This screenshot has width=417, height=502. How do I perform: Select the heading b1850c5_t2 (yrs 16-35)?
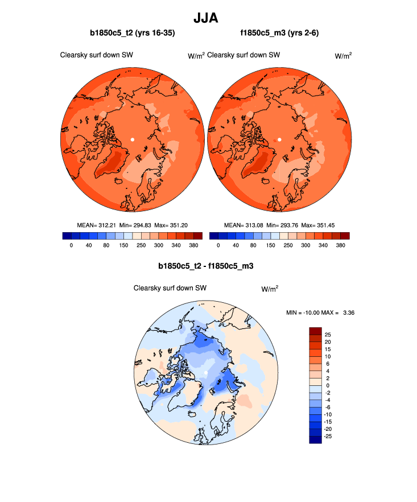click(x=133, y=34)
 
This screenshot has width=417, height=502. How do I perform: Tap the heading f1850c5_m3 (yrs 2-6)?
click(x=279, y=34)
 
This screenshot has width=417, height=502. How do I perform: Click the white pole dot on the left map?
click(x=132, y=139)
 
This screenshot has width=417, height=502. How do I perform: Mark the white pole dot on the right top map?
click(x=279, y=139)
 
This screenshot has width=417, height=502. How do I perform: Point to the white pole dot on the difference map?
click(x=205, y=373)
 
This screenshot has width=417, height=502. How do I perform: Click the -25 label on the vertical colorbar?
click(x=328, y=436)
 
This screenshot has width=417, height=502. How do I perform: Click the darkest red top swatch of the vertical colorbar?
click(x=315, y=331)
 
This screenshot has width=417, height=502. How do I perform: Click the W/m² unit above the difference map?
click(x=270, y=289)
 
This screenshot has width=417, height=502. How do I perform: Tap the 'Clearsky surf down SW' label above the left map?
click(x=97, y=55)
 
